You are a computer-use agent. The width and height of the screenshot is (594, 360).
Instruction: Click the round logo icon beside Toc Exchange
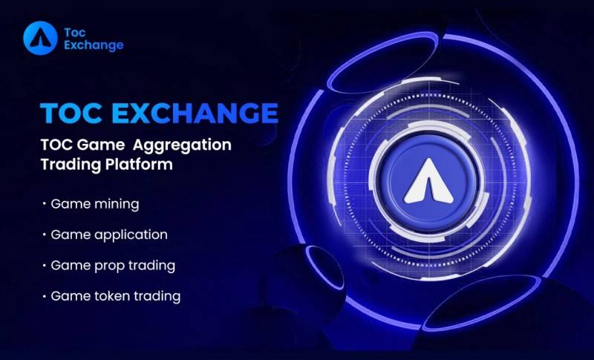coord(40,39)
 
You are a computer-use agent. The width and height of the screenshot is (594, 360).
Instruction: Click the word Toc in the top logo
coord(75,33)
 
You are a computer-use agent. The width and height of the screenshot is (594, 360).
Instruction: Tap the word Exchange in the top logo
coord(94,45)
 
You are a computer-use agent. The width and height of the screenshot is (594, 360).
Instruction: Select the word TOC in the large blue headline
coord(71,113)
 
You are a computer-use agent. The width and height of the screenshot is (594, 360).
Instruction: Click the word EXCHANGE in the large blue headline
coord(195,113)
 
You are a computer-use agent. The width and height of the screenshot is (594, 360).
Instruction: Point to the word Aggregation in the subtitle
coord(182,145)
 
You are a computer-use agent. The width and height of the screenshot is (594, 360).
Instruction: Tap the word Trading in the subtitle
coord(71,165)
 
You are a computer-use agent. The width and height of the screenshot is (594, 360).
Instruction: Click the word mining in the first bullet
coord(117,204)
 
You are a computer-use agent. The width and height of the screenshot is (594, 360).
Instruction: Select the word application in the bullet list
coord(131,235)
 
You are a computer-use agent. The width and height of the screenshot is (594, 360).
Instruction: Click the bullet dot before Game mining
coord(45,204)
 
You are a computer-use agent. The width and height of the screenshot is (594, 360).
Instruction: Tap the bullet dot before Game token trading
coord(45,296)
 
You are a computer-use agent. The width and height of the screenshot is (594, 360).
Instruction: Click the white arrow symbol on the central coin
coord(428,181)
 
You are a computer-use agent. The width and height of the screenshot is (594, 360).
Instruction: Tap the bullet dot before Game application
coord(45,235)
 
